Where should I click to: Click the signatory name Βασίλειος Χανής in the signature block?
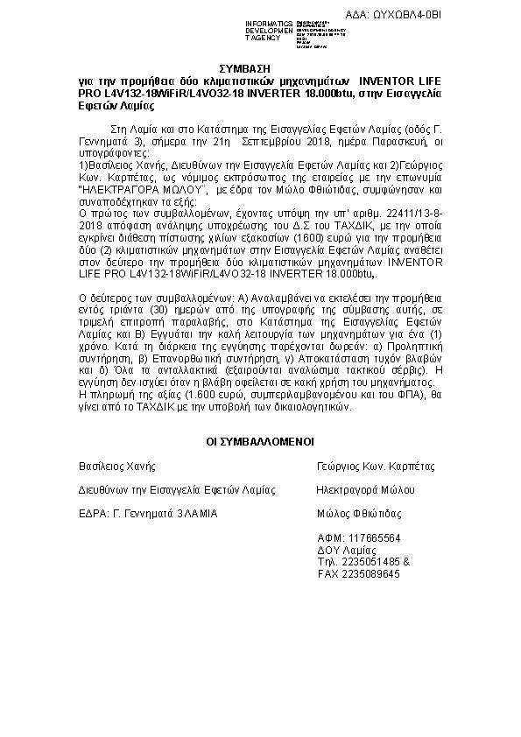(116, 467)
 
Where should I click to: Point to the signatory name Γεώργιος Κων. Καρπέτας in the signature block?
(376, 467)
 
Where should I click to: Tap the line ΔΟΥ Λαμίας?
(343, 550)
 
